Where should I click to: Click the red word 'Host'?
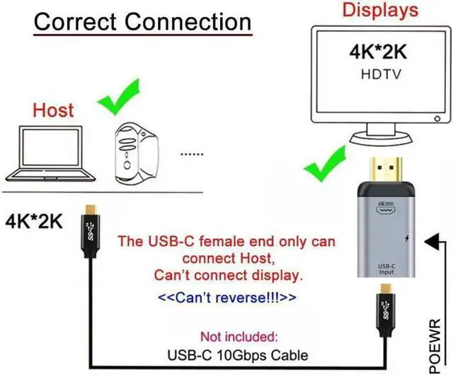(x=53, y=111)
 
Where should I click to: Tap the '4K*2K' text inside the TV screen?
(x=377, y=55)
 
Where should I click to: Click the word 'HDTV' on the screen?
(x=377, y=73)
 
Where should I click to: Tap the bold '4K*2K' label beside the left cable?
(x=33, y=221)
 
